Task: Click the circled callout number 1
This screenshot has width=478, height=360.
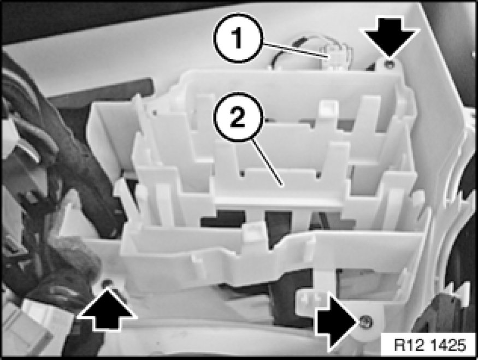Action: (x=238, y=38)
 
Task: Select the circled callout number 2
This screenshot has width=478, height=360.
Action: (x=238, y=117)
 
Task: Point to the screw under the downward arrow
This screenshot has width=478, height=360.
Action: (x=389, y=64)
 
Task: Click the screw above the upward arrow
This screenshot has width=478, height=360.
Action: (x=106, y=283)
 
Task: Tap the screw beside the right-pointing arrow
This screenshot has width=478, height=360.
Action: (x=364, y=322)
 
